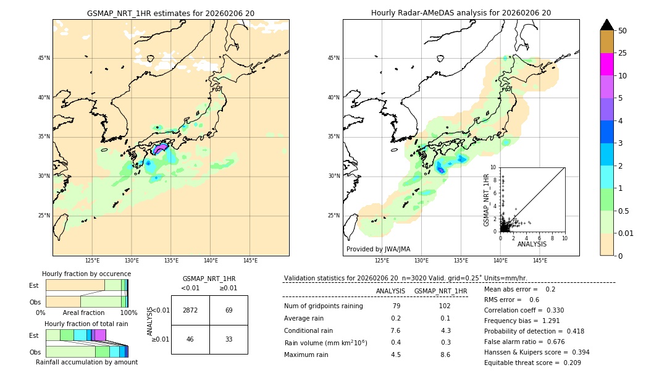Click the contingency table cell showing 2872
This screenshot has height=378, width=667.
pos(190,310)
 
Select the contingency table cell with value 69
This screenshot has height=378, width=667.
pos(229,310)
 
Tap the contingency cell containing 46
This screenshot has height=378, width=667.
pos(190,339)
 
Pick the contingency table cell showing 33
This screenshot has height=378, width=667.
pos(229,339)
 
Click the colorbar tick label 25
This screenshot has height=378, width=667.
pos(623,53)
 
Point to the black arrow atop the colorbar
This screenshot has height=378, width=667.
pos(607,25)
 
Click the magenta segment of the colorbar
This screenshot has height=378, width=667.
pos(607,64)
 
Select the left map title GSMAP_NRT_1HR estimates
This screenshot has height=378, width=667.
pos(170,13)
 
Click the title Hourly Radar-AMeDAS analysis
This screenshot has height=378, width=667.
pos(461,13)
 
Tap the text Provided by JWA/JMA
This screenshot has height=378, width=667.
pos(378,250)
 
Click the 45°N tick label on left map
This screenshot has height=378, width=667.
pos(44,58)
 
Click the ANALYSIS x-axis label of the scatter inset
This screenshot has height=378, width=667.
pos(532,244)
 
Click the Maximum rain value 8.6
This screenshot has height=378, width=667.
pos(445,355)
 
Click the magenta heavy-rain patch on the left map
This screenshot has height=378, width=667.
pos(161,149)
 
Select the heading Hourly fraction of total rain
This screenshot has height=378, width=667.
pos(86,324)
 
